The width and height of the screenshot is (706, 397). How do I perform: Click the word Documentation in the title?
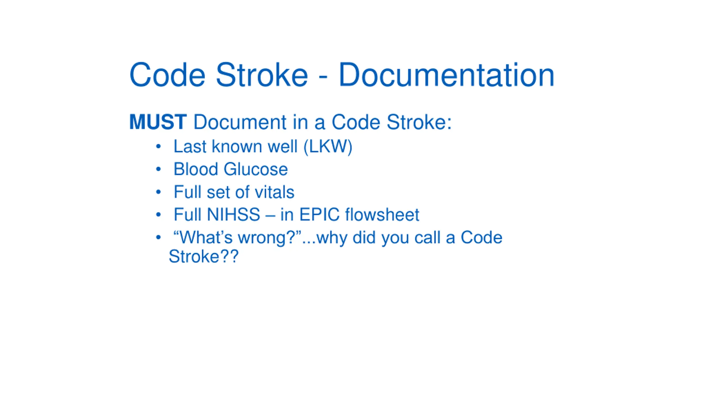(446, 75)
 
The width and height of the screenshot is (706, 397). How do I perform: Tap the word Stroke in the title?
(261, 75)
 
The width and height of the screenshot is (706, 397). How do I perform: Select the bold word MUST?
(158, 122)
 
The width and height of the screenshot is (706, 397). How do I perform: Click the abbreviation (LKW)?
(328, 146)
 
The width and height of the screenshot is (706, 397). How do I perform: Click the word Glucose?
(256, 169)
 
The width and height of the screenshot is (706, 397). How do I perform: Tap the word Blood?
(196, 169)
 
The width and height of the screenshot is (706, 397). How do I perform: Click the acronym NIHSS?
(233, 214)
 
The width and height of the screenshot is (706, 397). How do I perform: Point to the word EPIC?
(319, 214)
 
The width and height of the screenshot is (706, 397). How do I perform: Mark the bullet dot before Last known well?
(158, 146)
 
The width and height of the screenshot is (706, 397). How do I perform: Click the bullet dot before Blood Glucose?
(158, 169)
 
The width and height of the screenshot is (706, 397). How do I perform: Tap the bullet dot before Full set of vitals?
(158, 192)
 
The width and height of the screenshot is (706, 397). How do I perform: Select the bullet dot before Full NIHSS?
(158, 214)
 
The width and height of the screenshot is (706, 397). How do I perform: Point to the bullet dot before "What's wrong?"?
(158, 237)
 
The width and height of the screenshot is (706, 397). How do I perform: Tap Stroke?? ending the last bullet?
(204, 256)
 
